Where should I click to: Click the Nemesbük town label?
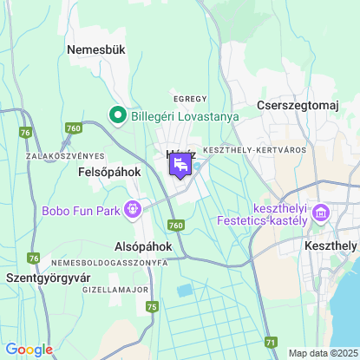point(96,49)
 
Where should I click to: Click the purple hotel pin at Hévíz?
point(180,164)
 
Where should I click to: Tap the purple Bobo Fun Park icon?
point(133,208)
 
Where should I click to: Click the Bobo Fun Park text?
point(82,211)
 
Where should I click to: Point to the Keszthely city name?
point(331,245)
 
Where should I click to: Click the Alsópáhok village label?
point(143,246)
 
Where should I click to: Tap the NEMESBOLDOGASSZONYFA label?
point(109,262)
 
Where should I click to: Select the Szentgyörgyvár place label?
point(49,278)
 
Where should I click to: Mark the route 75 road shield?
point(153,306)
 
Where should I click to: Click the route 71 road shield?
point(272,343)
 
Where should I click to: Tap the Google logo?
point(29,349)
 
